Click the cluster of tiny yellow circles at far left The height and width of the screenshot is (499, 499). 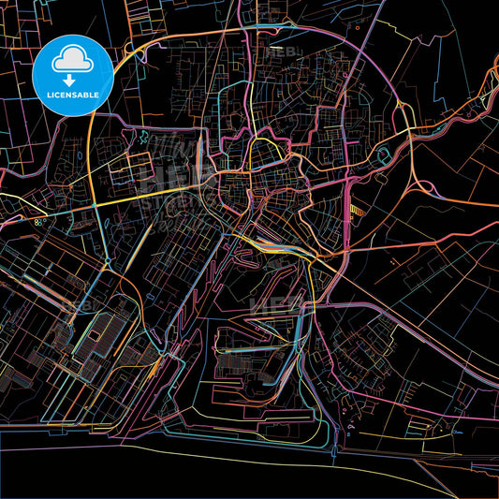pos(39,222)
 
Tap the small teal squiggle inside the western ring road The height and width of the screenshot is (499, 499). pos(141,139)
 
